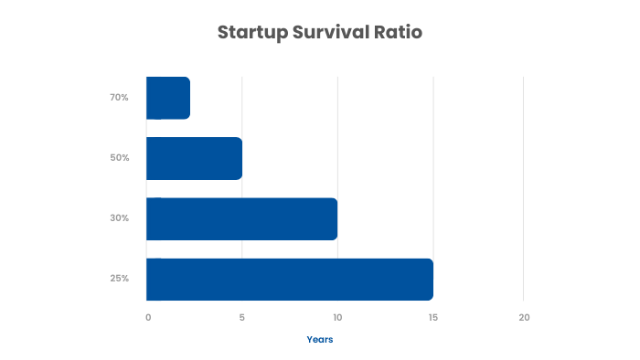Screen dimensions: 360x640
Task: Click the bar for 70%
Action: click(x=168, y=98)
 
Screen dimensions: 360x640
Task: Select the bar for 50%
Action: click(x=194, y=158)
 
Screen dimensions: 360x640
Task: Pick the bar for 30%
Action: click(x=241, y=218)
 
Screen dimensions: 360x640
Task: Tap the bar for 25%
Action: click(x=289, y=279)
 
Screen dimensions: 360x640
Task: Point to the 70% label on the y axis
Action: click(x=120, y=98)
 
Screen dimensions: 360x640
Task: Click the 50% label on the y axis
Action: click(x=120, y=158)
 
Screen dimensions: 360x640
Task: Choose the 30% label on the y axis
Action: click(x=120, y=218)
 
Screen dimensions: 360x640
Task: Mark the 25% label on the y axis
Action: click(x=120, y=279)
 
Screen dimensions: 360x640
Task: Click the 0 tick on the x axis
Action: click(x=148, y=317)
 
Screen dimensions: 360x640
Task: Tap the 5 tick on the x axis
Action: click(x=242, y=317)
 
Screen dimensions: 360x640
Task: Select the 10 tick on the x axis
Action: click(x=337, y=317)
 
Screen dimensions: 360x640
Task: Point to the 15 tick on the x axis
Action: click(x=432, y=317)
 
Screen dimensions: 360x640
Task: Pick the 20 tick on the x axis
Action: click(x=524, y=317)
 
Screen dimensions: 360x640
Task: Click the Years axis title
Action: click(x=320, y=340)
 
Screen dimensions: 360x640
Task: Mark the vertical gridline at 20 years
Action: click(x=524, y=183)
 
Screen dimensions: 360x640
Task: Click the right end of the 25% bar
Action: click(x=431, y=279)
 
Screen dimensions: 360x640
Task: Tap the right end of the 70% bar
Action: click(x=187, y=98)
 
